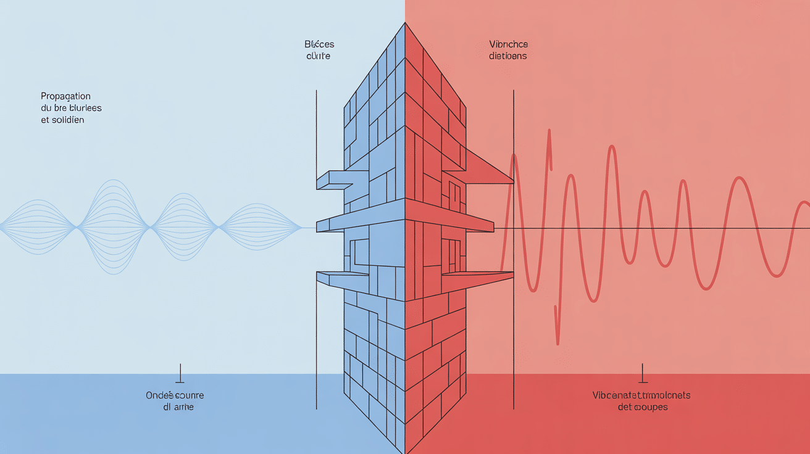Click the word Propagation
tap(66, 96)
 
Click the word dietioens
tap(507, 56)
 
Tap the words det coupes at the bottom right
tap(642, 408)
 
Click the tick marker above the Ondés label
tap(180, 373)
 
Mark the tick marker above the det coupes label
tap(643, 373)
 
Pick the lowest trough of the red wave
tap(558, 342)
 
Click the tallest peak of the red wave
tap(548, 131)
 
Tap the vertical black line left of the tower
tap(316, 247)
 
